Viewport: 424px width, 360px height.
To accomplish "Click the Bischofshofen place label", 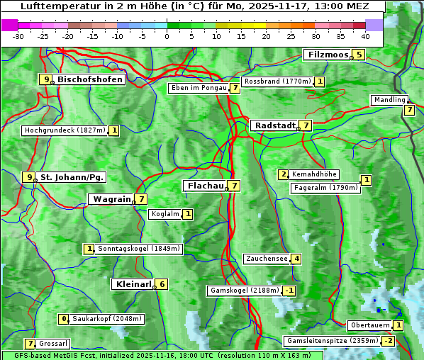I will (90, 79).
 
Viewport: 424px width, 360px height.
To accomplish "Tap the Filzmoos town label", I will (328, 55).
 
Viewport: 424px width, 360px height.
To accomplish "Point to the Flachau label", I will (205, 186).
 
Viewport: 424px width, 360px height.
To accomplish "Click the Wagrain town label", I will (111, 200).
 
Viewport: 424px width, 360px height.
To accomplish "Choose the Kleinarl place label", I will (133, 284).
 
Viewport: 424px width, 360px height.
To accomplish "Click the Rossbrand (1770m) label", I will (277, 81).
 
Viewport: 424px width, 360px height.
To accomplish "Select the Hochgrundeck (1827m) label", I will (65, 130).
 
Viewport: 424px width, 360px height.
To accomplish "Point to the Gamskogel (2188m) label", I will (244, 291).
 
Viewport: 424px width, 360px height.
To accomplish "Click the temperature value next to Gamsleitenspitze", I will (388, 341).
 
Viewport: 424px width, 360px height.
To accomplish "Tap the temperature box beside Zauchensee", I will (296, 259).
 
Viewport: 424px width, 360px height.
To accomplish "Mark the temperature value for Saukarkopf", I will (64, 319).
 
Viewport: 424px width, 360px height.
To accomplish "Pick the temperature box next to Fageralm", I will (366, 180).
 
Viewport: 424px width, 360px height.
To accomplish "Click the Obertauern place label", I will (369, 325).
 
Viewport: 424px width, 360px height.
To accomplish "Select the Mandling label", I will (389, 100).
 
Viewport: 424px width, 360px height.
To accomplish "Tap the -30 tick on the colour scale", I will (18, 36).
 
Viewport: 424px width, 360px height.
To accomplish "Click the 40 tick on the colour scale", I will (365, 36).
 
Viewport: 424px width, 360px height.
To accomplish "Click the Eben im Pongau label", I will (198, 88).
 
